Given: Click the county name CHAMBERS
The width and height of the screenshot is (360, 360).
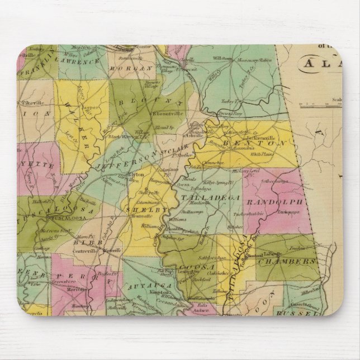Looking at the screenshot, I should [x=291, y=261].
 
